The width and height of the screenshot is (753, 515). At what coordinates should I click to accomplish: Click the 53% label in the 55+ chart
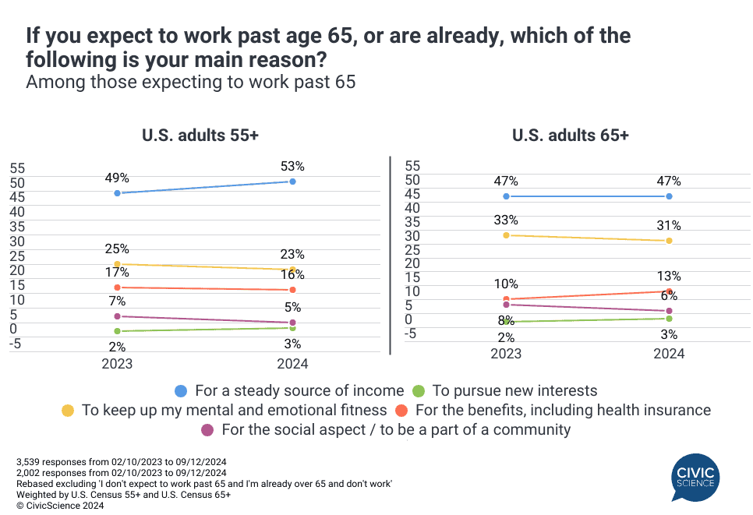[x=292, y=166]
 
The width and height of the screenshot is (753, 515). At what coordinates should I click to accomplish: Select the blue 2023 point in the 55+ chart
[x=117, y=192]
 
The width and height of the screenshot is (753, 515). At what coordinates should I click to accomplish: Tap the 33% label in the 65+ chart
[x=506, y=220]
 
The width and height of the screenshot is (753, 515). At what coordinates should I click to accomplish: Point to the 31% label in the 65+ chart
[x=669, y=225]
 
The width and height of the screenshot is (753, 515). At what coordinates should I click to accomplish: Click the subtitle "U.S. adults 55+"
[x=200, y=135]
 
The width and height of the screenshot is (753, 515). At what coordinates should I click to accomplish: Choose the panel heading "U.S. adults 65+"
[x=570, y=135]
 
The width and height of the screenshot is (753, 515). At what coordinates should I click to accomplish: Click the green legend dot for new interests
[x=419, y=390]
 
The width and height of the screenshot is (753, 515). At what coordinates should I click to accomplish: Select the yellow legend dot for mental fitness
[x=68, y=410]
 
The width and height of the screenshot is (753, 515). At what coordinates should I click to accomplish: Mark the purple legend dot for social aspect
[x=207, y=429]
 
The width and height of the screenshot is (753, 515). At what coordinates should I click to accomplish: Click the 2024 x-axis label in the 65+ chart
[x=669, y=353]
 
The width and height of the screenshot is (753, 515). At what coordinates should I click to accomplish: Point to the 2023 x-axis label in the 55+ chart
[x=117, y=363]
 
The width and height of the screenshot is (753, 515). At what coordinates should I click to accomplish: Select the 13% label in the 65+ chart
[x=669, y=276]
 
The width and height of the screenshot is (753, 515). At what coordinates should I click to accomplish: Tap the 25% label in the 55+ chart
[x=117, y=249]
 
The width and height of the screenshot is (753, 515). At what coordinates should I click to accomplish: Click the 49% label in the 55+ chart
[x=117, y=178]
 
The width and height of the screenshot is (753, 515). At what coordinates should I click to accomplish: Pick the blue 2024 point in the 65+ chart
[x=669, y=196]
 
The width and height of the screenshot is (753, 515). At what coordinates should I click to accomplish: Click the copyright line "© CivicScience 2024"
[x=60, y=505]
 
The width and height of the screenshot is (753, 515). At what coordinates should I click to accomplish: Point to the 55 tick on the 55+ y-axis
[x=17, y=168]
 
